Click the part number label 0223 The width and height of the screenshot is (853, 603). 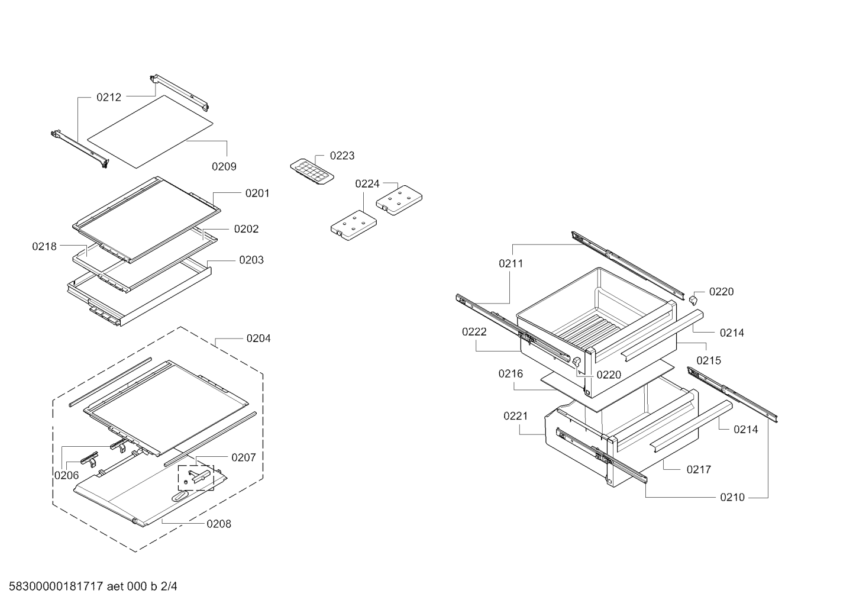(x=342, y=156)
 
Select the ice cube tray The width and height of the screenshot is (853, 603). (x=312, y=172)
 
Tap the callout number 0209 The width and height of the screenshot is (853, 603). (x=224, y=166)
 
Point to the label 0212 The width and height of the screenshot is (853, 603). (x=109, y=97)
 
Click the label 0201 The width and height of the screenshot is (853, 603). (x=257, y=193)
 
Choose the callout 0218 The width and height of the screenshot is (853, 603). (x=44, y=246)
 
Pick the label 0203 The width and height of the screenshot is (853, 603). (x=251, y=260)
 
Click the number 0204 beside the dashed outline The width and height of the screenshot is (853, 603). (x=259, y=338)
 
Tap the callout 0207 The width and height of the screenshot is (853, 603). (x=244, y=457)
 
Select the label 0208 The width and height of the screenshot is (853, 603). (x=219, y=524)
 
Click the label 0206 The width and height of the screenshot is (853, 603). (x=67, y=475)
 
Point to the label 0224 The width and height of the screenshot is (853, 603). (x=367, y=183)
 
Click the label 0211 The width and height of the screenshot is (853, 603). (x=511, y=263)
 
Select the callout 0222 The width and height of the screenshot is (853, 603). (x=474, y=332)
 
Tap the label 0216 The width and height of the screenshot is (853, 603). (x=510, y=373)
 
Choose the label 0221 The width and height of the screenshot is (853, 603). (x=516, y=416)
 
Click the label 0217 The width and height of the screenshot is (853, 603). (x=699, y=469)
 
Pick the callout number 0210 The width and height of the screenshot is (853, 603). (x=732, y=497)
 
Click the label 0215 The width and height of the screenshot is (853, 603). (x=709, y=360)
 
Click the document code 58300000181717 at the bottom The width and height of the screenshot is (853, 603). (x=56, y=586)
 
